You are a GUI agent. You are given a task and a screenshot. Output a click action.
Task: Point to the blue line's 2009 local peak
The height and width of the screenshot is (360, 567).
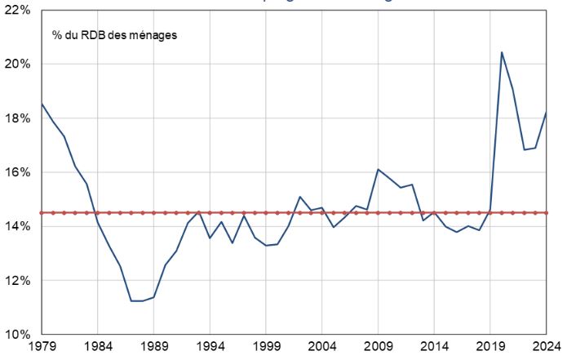(379, 170)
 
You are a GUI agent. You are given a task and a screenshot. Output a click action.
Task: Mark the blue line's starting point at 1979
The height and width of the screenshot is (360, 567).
(42, 104)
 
